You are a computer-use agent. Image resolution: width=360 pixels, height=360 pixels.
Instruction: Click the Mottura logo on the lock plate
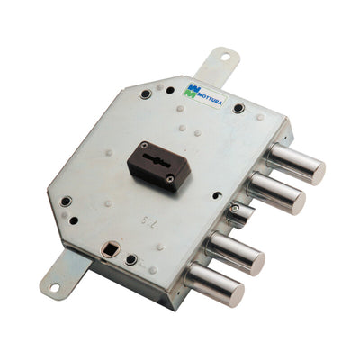coord(204,90)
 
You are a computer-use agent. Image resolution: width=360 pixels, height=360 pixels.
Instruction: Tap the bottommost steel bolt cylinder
coord(216,286)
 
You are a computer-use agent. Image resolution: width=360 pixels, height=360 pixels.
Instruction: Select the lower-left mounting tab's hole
coord(54,288)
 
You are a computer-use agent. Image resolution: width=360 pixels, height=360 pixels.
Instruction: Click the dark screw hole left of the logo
coord(146,94)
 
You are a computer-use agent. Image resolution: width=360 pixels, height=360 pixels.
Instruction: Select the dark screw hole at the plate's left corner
coord(65,202)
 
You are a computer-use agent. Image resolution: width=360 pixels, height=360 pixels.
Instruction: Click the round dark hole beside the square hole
coord(131,261)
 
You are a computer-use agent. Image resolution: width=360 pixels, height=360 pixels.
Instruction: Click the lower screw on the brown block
coord(170,179)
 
